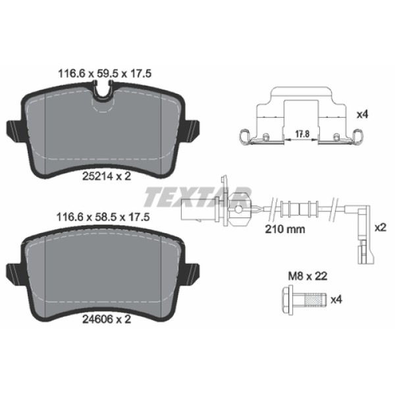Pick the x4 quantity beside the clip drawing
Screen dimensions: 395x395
[x=361, y=114]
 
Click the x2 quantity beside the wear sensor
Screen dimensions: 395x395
[x=379, y=227]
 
